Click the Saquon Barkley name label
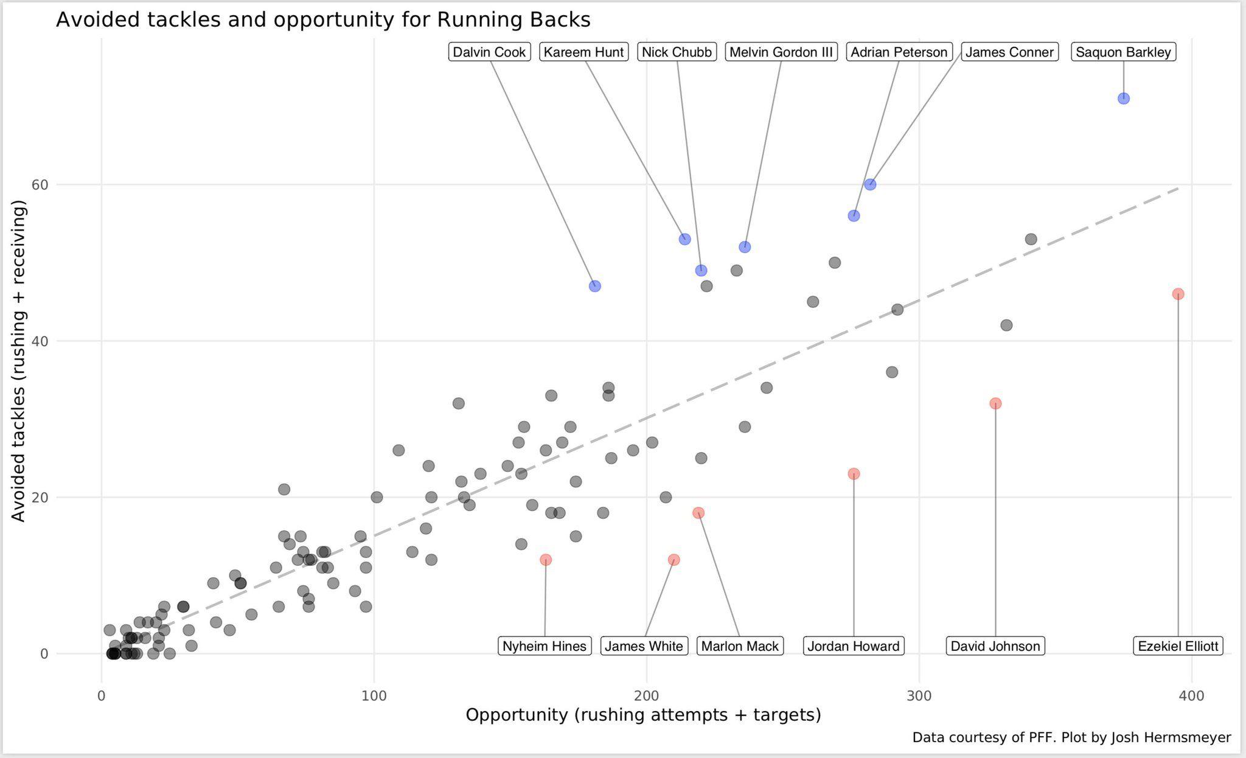tap(1123, 52)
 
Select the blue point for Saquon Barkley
tap(1124, 99)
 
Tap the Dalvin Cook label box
tap(489, 52)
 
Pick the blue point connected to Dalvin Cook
tap(595, 286)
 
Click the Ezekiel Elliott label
tap(1178, 646)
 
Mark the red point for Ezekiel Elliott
tap(1178, 294)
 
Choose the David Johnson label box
tap(995, 646)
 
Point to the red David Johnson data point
tap(995, 403)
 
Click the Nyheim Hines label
tap(545, 646)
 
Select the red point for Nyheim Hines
tap(546, 560)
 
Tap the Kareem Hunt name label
tap(583, 52)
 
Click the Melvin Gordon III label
tap(781, 52)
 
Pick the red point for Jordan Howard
tap(854, 474)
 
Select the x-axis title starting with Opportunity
tap(643, 715)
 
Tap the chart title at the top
tap(323, 20)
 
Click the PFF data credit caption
tap(1071, 738)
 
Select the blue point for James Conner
tap(870, 184)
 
